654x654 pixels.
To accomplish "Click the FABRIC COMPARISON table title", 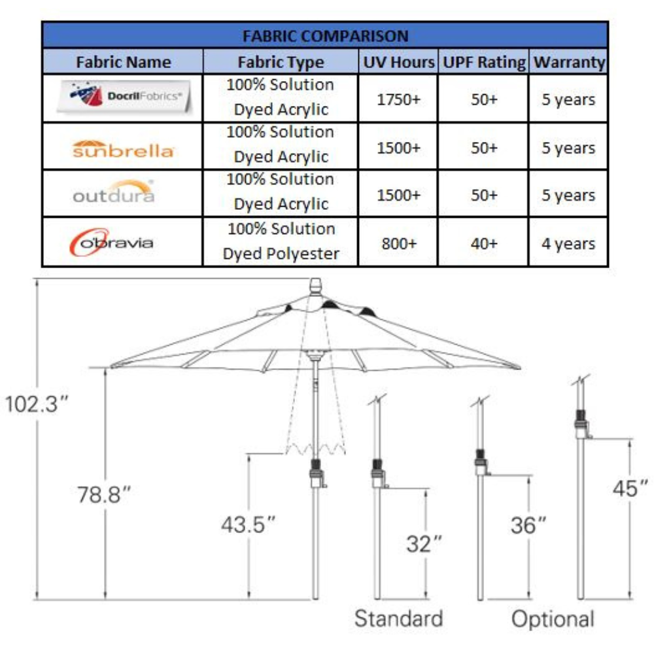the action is coord(325,36).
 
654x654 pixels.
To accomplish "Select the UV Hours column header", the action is coord(399,62).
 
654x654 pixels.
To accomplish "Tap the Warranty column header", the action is coord(570,62).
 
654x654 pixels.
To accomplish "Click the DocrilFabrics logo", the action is coord(124,97).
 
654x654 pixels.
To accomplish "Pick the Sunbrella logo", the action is coord(123,149).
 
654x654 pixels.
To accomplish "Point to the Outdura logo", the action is coord(114,192).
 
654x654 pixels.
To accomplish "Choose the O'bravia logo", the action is coord(111,242).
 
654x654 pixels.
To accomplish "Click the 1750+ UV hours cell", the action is coord(399,99).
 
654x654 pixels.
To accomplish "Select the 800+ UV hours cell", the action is coord(399,243).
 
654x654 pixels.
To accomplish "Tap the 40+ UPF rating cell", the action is coord(484,243).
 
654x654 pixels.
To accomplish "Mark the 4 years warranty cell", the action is coord(568,244).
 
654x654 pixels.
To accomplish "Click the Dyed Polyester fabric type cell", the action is coord(281,241).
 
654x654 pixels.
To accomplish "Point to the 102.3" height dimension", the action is coord(36,404).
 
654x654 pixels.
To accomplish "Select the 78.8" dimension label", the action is coord(104,494).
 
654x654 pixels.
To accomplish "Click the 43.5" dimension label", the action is coord(248,525).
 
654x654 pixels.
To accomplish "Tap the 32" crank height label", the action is coord(424,544).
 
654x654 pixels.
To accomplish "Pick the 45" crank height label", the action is coord(630,489).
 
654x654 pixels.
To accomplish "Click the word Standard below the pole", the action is coord(399,618).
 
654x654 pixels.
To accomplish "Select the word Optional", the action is coord(553,619).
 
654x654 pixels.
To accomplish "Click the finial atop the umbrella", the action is coord(316,287).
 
